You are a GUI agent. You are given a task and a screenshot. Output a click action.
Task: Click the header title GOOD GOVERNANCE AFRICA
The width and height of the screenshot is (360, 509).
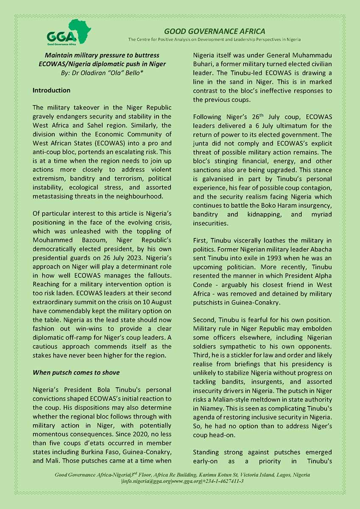[215, 31]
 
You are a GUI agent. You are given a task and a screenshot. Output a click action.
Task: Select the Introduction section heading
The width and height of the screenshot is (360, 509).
[51, 90]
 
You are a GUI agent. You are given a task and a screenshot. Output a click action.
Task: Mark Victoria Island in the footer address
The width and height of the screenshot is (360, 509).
[242, 475]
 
